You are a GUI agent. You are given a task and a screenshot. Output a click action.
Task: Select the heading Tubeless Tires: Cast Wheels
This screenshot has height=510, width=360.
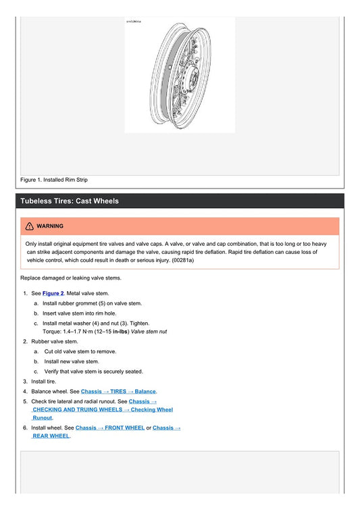click(x=70, y=201)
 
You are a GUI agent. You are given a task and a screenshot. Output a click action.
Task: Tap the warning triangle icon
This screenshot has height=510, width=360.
click(x=30, y=226)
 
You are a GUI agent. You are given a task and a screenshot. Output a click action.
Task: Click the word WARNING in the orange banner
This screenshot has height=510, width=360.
click(x=50, y=226)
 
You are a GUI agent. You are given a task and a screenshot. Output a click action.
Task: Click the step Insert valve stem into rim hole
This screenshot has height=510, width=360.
click(x=82, y=313)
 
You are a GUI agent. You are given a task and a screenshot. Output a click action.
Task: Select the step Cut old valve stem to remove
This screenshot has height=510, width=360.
click(x=80, y=352)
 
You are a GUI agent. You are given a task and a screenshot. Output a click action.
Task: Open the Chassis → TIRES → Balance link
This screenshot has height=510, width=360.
click(x=118, y=391)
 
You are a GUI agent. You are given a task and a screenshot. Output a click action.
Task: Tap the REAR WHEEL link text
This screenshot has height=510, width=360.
click(x=51, y=436)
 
